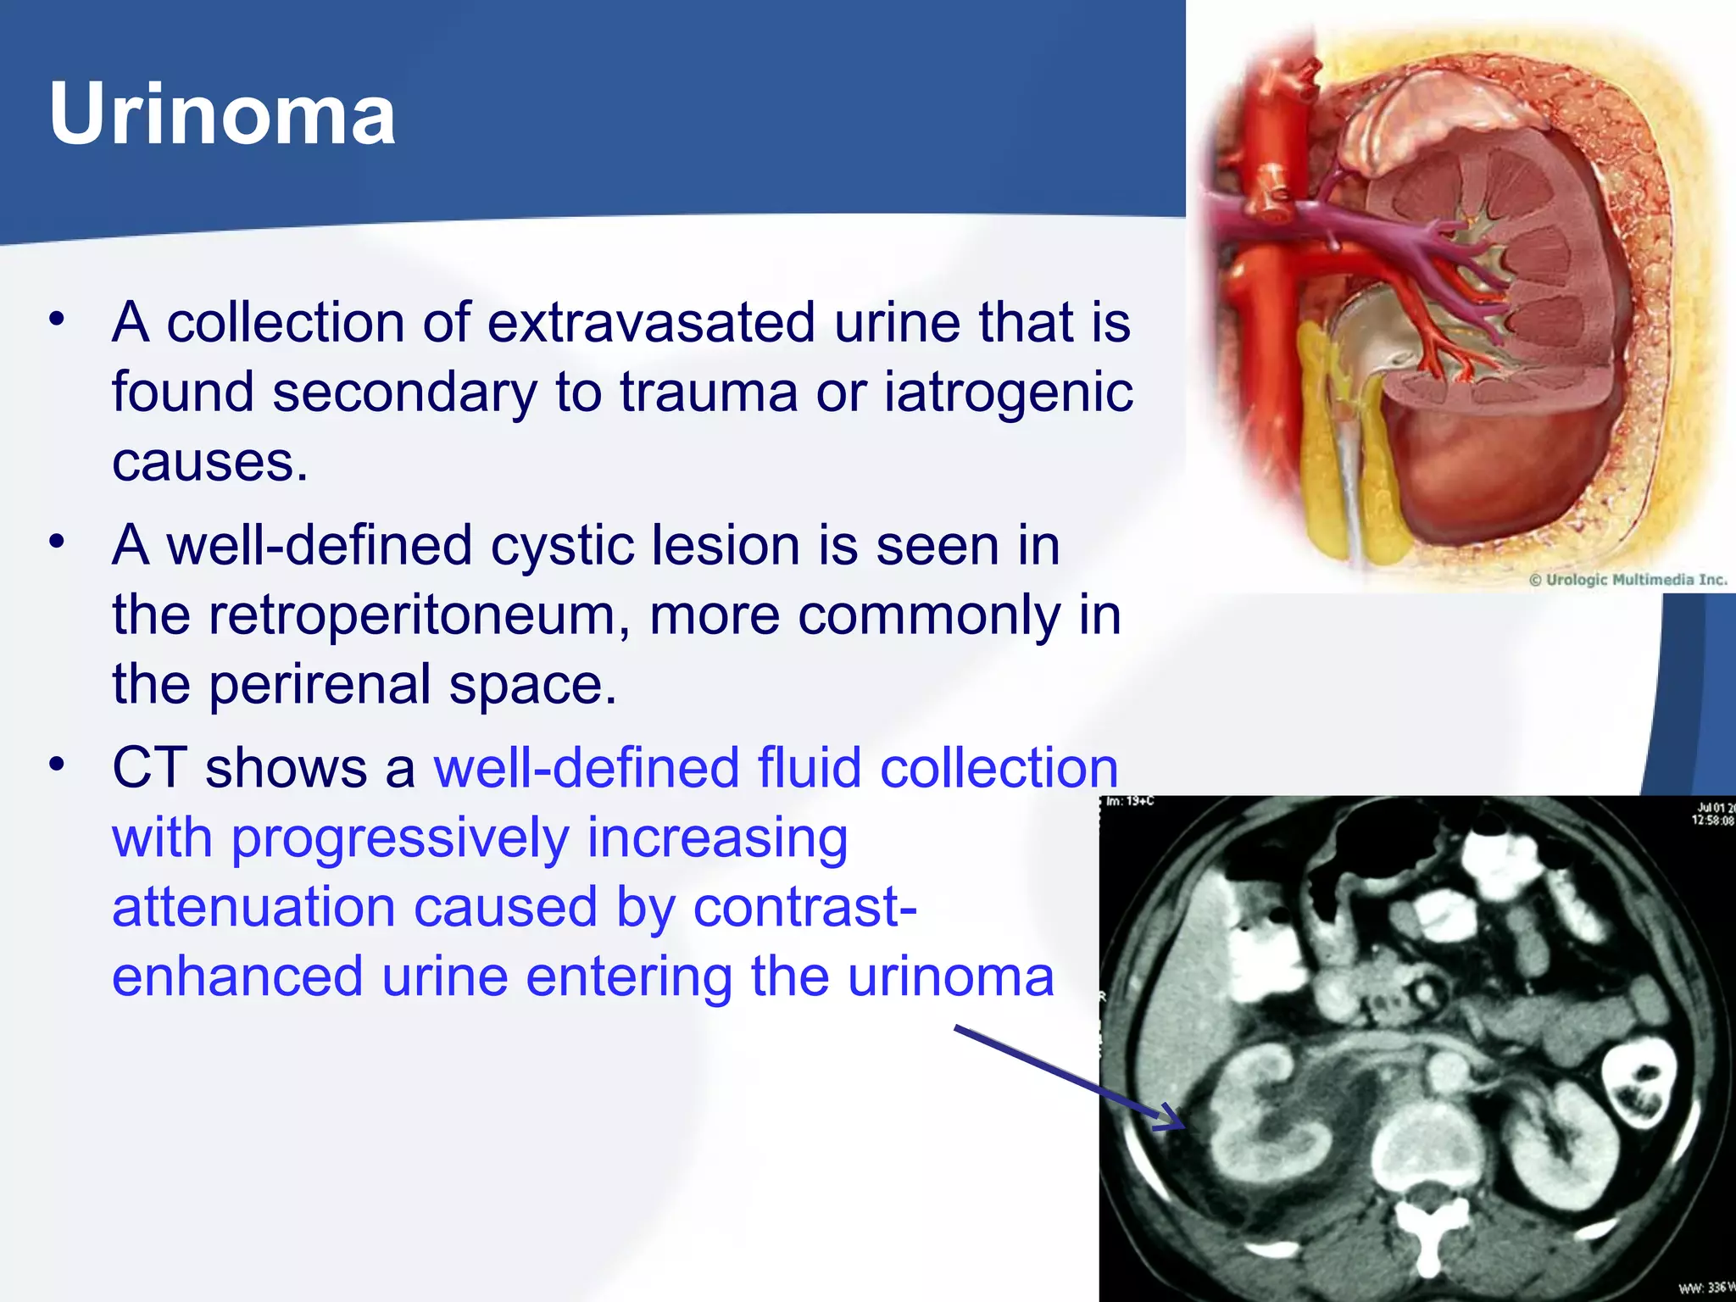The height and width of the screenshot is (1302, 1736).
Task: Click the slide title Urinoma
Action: point(222,114)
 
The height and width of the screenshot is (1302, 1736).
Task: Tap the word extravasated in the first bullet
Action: point(651,323)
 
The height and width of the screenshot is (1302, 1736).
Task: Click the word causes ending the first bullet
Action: point(209,462)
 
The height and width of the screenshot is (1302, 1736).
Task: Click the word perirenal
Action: point(320,684)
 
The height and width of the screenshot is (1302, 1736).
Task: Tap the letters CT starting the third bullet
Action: point(149,768)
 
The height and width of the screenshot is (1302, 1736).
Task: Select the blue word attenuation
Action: point(253,907)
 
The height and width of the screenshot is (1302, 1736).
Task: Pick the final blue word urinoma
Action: point(950,976)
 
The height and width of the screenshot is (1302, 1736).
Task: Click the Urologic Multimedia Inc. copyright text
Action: point(1627,580)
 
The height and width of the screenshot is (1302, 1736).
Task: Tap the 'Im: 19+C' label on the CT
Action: point(1130,801)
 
